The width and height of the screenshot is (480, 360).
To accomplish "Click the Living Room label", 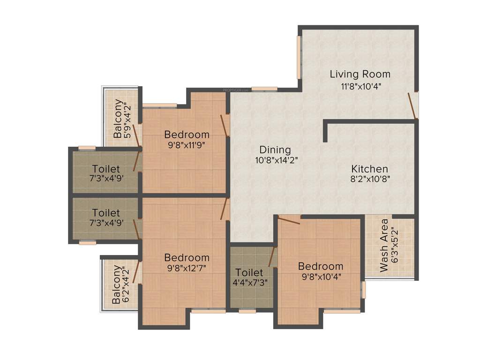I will click(x=360, y=74).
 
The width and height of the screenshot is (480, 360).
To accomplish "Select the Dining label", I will click(x=275, y=150).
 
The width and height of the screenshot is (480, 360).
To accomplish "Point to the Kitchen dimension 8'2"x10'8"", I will click(x=370, y=179).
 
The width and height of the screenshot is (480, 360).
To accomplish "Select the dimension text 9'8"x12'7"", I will click(x=187, y=268).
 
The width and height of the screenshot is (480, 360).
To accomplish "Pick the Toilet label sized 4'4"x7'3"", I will click(x=249, y=272).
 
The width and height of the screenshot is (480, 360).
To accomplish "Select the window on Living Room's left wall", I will click(x=299, y=57).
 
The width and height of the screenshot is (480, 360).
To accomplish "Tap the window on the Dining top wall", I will click(x=264, y=89).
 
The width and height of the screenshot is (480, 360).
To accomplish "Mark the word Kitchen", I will click(x=370, y=169).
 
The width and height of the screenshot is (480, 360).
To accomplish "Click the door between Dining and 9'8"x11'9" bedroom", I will click(x=225, y=125).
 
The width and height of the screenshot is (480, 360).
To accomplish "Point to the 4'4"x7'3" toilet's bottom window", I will click(x=247, y=311).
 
